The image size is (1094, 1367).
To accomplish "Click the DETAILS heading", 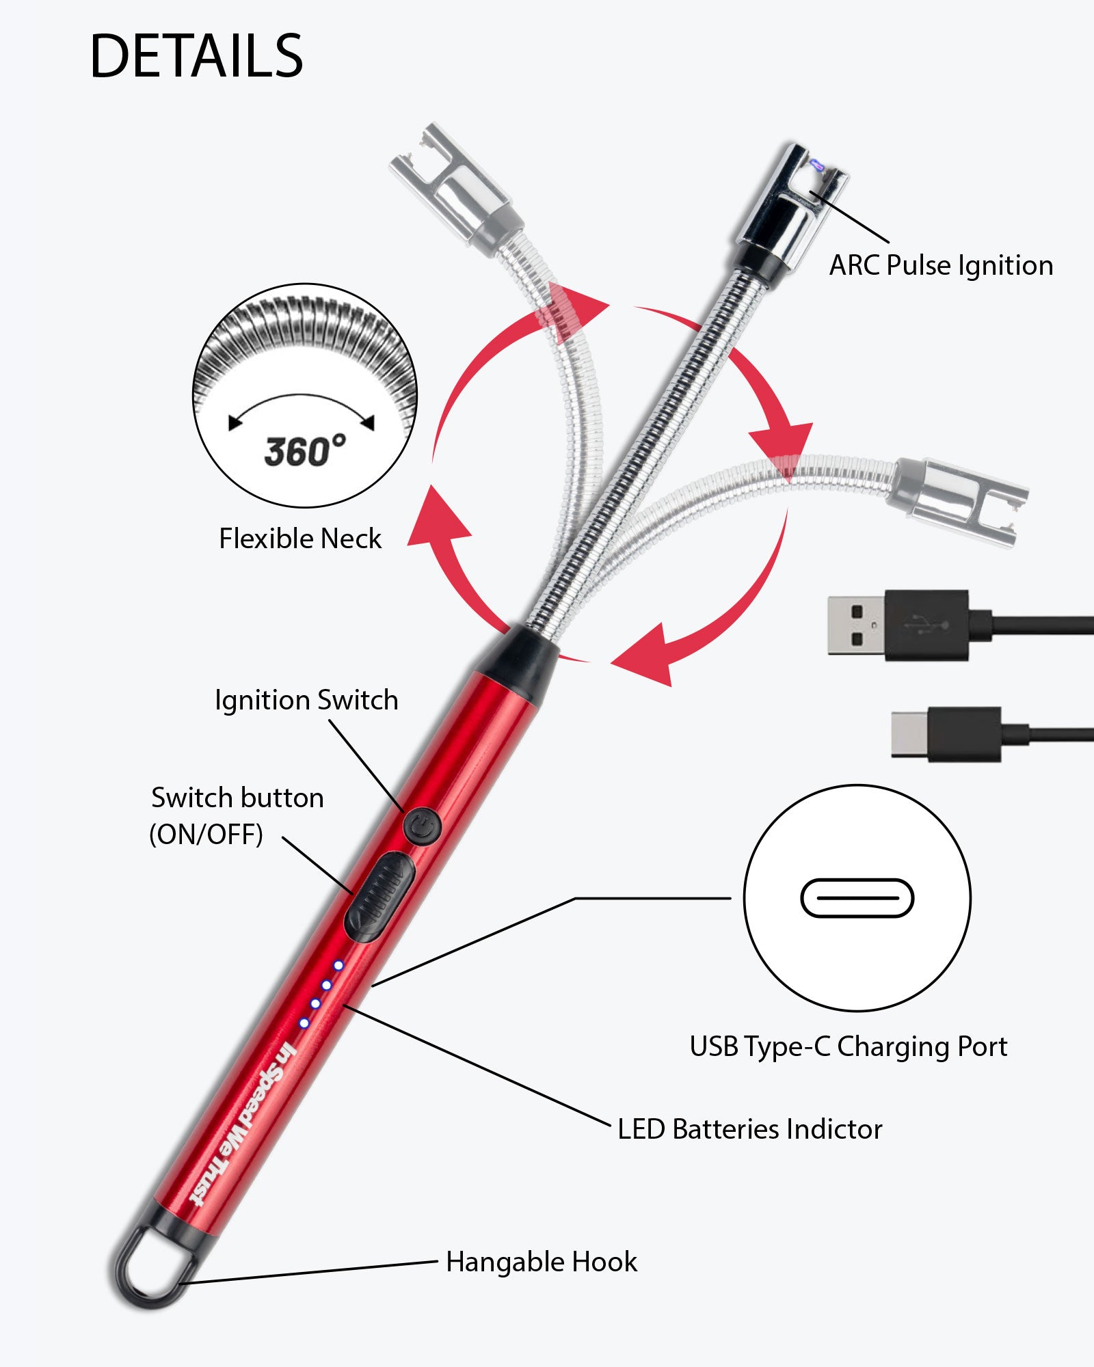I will (196, 56).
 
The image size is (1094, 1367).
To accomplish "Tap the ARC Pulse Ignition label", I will (941, 266).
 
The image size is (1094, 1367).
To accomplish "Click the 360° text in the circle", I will (305, 451).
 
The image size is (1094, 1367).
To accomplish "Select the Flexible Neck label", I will (299, 539).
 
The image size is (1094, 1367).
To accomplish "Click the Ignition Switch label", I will (306, 701).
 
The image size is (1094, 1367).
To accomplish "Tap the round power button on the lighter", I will (422, 827).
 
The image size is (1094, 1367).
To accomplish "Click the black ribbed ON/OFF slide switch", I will (379, 895).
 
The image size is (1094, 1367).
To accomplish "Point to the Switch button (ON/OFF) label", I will (237, 815).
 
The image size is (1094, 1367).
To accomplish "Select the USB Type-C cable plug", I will (947, 735).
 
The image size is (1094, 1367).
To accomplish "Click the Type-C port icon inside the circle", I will (857, 897).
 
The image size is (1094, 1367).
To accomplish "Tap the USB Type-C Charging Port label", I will (848, 1046).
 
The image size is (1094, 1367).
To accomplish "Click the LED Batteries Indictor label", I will (749, 1129).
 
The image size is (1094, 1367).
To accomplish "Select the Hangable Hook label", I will (541, 1262).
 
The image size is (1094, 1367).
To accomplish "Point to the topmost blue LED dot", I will (338, 965).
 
